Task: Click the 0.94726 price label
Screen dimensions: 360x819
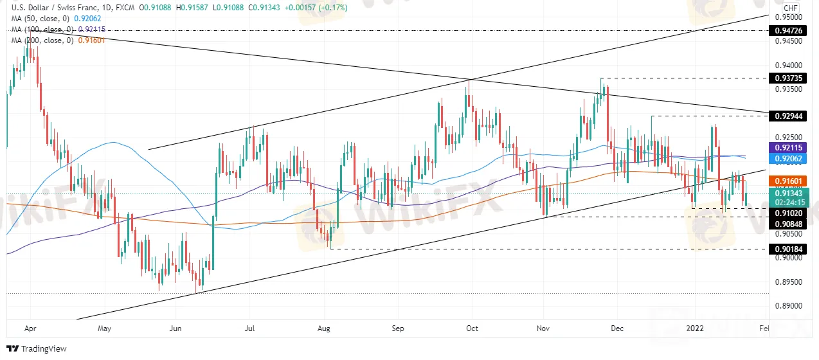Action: (x=789, y=30)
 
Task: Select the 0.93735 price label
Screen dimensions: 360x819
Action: (x=789, y=78)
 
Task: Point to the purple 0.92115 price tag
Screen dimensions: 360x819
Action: (x=789, y=147)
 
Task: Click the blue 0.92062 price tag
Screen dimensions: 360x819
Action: (x=789, y=157)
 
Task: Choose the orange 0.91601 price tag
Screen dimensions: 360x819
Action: (x=789, y=182)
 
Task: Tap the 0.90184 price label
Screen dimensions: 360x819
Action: (x=789, y=248)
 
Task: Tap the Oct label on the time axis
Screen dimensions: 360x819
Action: (x=473, y=328)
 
